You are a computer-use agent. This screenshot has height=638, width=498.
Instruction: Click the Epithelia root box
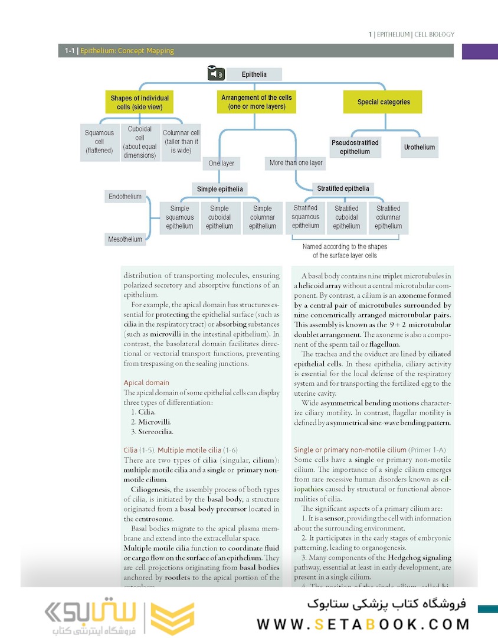[x=254, y=74]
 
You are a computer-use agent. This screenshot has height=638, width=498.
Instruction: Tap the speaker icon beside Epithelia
[x=216, y=74]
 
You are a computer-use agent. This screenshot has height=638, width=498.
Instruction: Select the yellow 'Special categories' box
[x=383, y=102]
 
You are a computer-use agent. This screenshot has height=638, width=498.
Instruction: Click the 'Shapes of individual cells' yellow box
[x=139, y=103]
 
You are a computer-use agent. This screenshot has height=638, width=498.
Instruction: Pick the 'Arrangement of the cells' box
[x=256, y=102]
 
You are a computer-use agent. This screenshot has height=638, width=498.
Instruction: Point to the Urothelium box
[x=420, y=147]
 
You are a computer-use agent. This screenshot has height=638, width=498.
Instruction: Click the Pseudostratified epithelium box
[x=355, y=147]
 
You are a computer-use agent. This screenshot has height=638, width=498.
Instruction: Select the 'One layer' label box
[x=221, y=163]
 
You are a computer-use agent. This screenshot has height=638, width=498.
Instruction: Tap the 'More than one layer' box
[x=296, y=162]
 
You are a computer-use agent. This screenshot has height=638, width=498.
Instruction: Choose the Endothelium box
[x=125, y=196]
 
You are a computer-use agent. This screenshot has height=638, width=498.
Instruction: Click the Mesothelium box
[x=125, y=239]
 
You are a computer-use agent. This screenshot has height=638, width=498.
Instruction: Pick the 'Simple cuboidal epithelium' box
[x=219, y=217]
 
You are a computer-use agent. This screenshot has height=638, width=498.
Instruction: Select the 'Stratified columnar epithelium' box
[x=388, y=217]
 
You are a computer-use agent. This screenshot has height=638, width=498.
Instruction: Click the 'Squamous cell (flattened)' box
[x=99, y=142]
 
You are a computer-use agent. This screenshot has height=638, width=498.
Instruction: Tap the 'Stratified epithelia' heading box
[x=343, y=188]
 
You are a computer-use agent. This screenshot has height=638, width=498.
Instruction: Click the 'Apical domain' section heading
[x=146, y=383]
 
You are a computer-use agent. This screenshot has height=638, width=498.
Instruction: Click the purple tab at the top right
[x=479, y=51]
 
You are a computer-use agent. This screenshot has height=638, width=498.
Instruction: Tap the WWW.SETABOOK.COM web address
[x=363, y=624]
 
